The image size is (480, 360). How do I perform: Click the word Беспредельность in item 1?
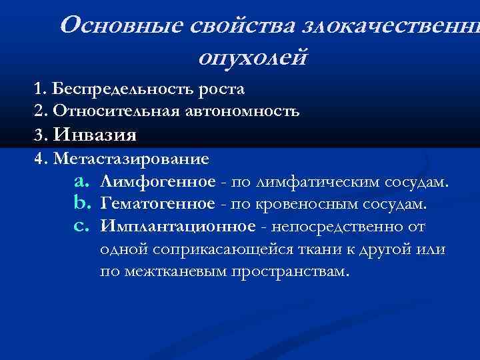tap(124, 89)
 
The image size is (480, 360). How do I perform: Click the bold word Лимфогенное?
tap(158, 182)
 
